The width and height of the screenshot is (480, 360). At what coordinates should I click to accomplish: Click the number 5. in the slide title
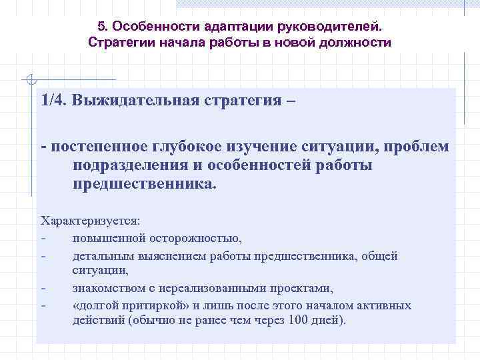[x=103, y=27]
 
